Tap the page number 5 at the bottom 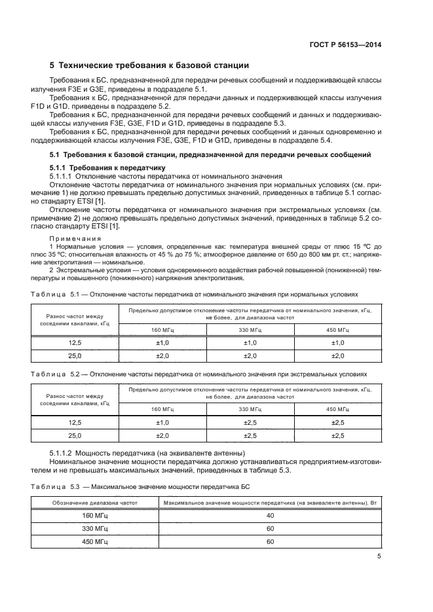(379, 556)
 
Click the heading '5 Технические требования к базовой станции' (149, 65)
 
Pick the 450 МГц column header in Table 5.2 (337, 409)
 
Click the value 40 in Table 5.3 (270, 516)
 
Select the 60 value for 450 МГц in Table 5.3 (270, 542)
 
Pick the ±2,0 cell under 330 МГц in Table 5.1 (250, 355)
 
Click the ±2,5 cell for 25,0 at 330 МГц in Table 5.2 (250, 435)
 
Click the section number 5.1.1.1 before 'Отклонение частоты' (62, 176)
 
